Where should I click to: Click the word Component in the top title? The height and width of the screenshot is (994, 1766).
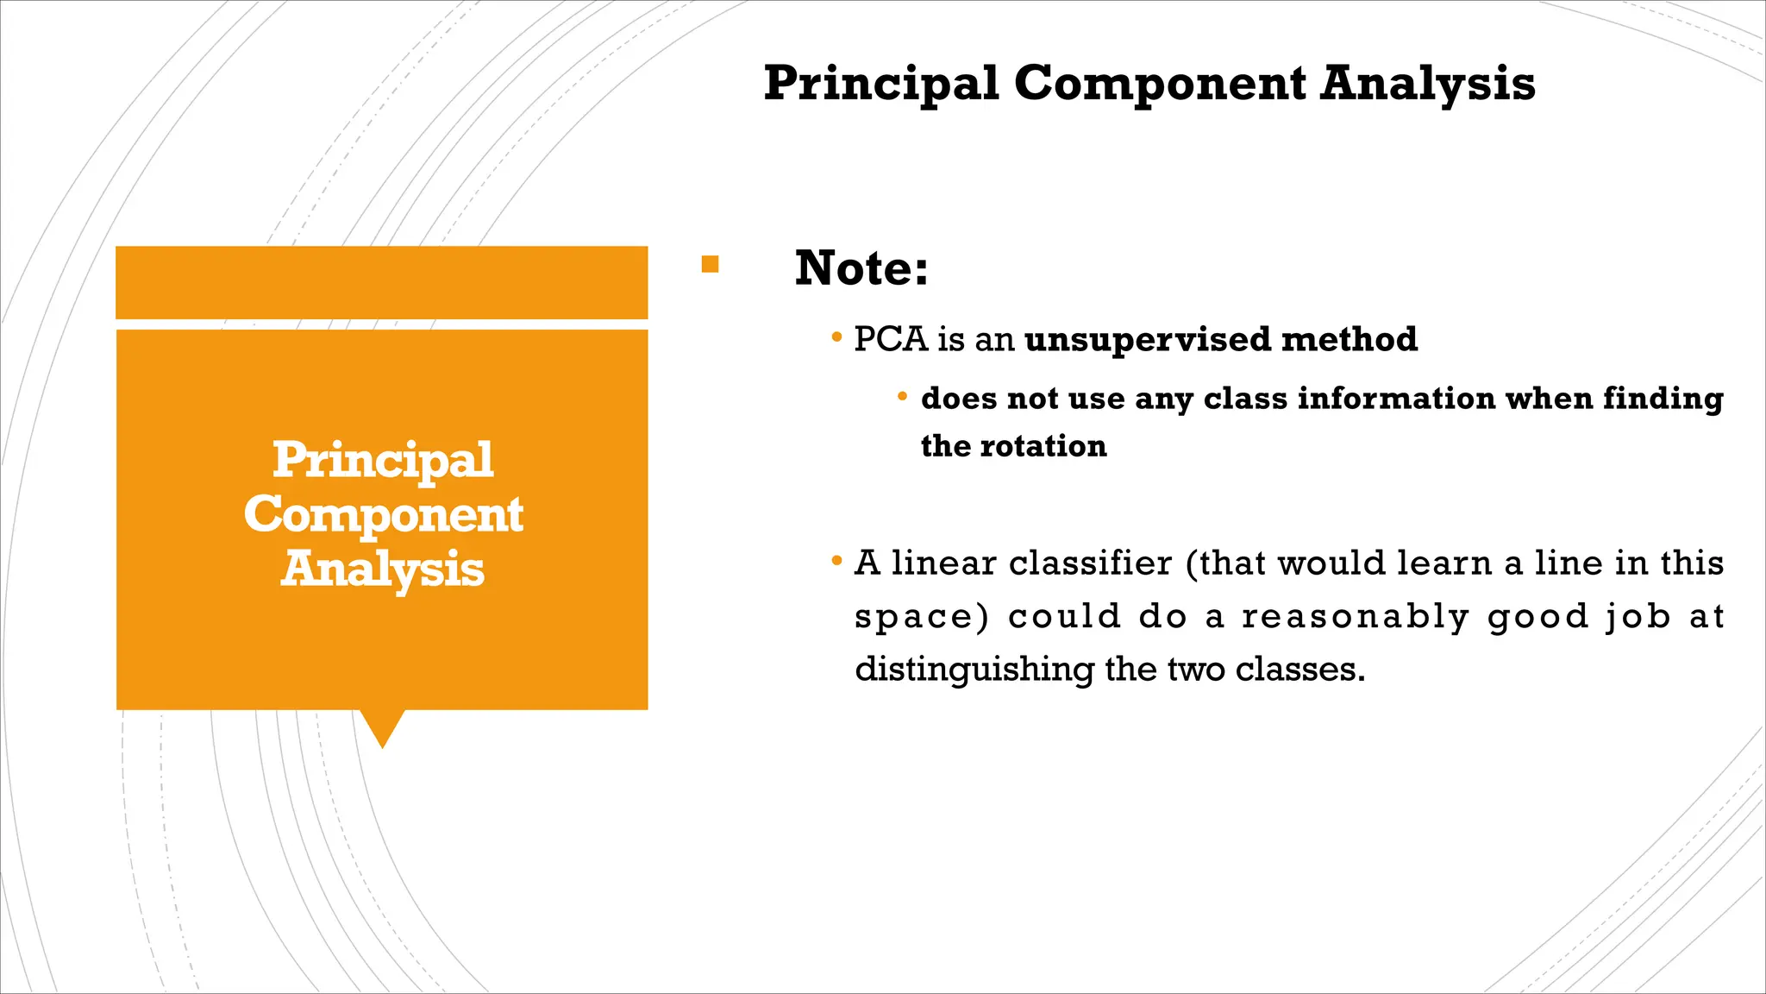point(1160,85)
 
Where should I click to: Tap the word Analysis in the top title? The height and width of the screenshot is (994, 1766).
point(1428,85)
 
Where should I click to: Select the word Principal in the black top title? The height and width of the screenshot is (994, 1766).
point(881,85)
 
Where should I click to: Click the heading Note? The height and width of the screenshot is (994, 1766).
point(861,267)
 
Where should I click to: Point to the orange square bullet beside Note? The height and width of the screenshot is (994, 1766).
point(710,264)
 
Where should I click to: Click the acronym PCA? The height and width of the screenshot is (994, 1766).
point(891,339)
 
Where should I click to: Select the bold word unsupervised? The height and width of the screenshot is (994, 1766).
point(1148,340)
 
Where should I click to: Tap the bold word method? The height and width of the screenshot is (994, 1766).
point(1350,339)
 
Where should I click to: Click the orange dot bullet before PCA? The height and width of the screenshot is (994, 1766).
point(836,337)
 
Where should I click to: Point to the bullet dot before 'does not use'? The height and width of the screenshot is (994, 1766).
point(902,397)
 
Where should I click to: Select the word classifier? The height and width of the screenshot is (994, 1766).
point(1090,563)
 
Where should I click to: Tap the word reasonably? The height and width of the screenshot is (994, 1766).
point(1355,617)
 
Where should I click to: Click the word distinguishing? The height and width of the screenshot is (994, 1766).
point(974,670)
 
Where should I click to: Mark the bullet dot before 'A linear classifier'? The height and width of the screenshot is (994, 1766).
point(836,562)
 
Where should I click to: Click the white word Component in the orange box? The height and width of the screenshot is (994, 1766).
point(383,515)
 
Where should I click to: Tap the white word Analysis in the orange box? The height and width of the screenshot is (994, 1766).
point(383,569)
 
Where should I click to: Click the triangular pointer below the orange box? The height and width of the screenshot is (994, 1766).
point(382,727)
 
